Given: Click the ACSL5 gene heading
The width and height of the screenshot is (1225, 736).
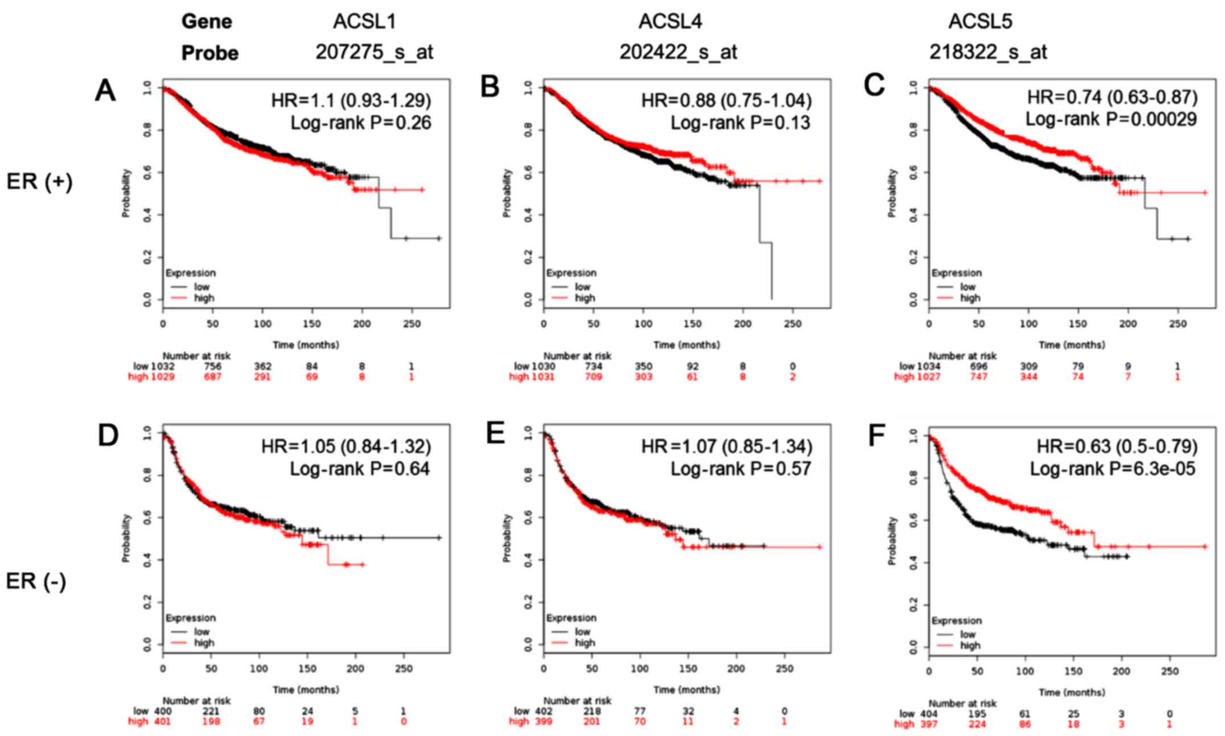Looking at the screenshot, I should click(980, 22).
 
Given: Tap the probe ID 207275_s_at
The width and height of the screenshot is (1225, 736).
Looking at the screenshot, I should click(374, 52).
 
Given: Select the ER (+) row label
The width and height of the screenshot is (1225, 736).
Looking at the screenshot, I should click(39, 182).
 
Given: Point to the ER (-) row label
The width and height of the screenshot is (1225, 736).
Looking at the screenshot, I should click(36, 582).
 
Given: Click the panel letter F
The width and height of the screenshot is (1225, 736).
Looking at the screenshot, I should click(876, 436).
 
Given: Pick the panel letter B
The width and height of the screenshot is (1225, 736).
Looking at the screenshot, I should click(490, 87).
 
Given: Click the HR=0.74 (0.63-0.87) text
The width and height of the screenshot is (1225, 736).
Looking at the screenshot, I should click(1112, 97).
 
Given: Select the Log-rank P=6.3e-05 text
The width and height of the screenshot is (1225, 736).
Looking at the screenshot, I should click(1112, 469).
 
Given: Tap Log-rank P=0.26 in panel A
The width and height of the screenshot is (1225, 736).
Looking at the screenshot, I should click(361, 122).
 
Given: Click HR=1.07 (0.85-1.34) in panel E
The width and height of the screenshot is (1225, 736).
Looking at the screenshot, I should click(727, 446).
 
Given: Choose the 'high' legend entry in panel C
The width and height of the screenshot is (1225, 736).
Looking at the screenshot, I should click(970, 298).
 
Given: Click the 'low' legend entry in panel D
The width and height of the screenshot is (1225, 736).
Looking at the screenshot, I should click(202, 632).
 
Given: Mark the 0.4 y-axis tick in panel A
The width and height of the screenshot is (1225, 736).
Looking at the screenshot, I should click(148, 215).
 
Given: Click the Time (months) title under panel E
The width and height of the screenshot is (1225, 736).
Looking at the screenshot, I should click(687, 690).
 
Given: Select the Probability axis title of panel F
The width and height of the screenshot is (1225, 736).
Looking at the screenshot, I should click(892, 541).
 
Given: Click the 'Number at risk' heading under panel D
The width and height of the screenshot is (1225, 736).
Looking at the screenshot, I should click(197, 701).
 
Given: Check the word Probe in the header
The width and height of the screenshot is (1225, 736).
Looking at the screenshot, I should click(210, 53).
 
